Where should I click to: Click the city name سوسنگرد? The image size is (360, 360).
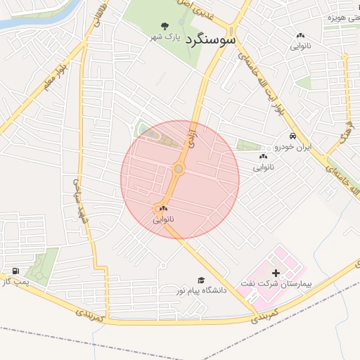click(x=211, y=40)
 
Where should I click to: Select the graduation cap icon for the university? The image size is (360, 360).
click(x=201, y=279)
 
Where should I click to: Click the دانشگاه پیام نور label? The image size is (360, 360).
click(x=188, y=290)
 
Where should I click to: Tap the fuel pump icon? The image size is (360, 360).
click(x=15, y=271)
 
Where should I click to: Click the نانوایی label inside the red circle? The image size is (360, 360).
click(x=164, y=220)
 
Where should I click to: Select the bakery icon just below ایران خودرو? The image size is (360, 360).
click(x=263, y=156)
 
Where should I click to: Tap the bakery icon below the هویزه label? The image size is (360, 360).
click(x=301, y=35)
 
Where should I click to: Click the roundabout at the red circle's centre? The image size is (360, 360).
click(x=179, y=169)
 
